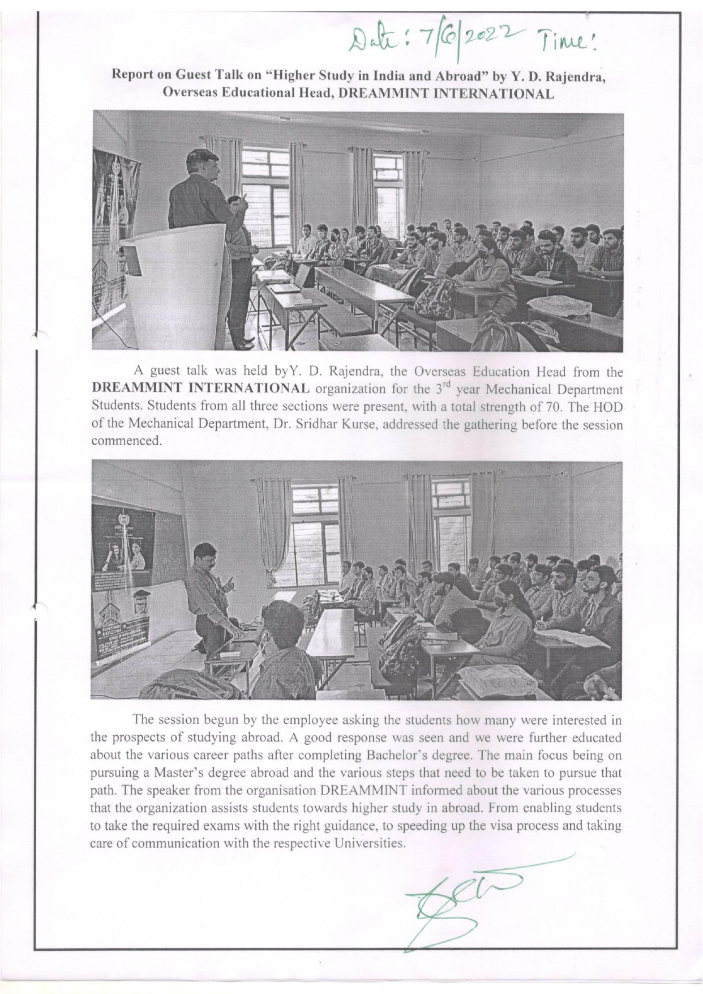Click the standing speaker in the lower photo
(209, 595)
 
